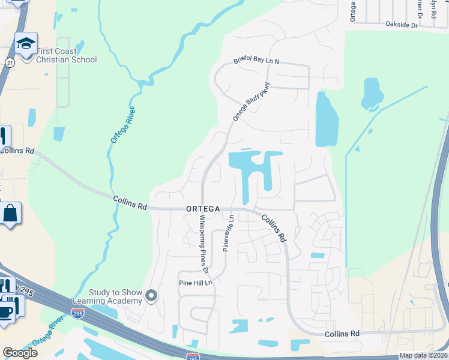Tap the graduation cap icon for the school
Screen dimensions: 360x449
point(26,43)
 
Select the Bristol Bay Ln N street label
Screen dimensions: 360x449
point(257,62)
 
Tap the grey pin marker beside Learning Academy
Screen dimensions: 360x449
point(151,295)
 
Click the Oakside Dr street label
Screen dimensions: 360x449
point(402,25)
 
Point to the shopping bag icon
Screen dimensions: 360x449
point(11,214)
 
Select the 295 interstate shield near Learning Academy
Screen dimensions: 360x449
point(77,313)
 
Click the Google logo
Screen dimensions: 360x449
point(20,353)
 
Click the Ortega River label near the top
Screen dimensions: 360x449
point(122,125)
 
